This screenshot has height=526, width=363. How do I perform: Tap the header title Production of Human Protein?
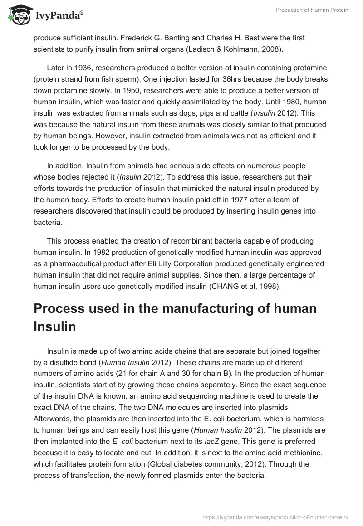coord(312,10)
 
